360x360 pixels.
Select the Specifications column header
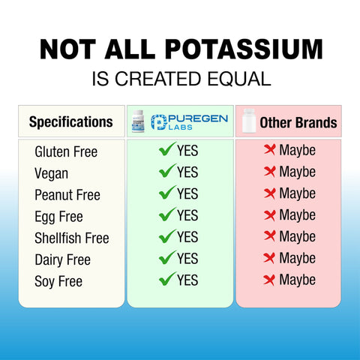click(x=70, y=121)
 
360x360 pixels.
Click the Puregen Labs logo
click(x=189, y=121)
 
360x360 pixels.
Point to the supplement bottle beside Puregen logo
click(x=137, y=121)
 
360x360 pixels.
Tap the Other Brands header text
click(x=298, y=122)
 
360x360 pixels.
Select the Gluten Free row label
click(x=66, y=151)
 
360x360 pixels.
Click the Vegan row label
click(x=52, y=173)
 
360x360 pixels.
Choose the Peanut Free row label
click(x=67, y=195)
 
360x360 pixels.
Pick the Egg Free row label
click(x=58, y=217)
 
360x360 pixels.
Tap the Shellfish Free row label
click(x=72, y=238)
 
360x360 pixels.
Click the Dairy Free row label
click(x=62, y=260)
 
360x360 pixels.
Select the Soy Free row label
click(x=58, y=282)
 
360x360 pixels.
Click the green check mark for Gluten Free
click(x=167, y=150)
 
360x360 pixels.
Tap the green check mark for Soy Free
click(x=167, y=280)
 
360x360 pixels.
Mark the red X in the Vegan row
click(x=270, y=172)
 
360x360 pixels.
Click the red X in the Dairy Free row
click(x=270, y=259)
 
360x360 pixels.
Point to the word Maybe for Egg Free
click(x=297, y=215)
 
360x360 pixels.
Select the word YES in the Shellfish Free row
click(x=187, y=237)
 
